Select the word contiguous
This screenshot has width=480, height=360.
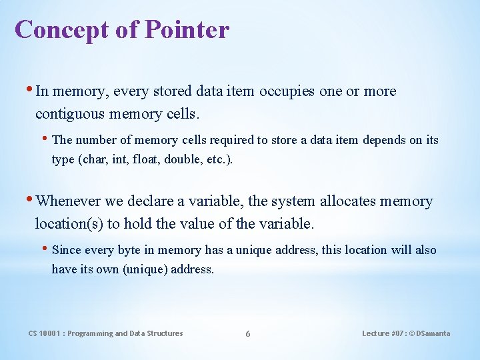70,114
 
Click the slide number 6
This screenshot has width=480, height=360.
248,333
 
